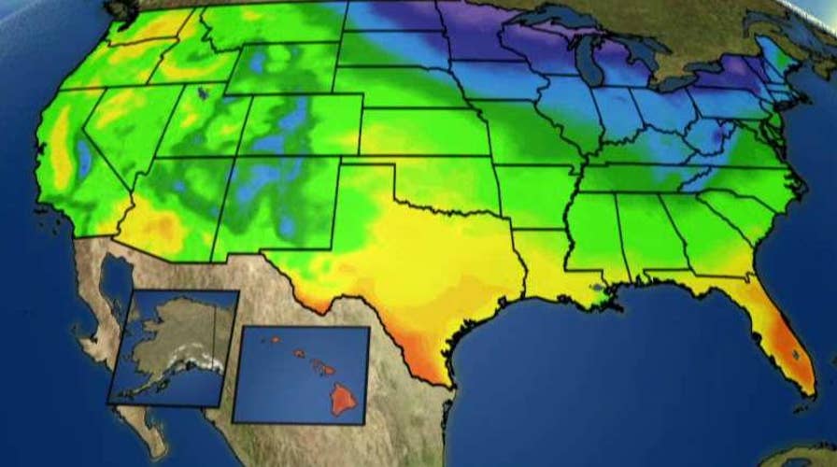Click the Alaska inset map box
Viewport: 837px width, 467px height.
coord(173,346)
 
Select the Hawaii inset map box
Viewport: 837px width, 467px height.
coord(301,374)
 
